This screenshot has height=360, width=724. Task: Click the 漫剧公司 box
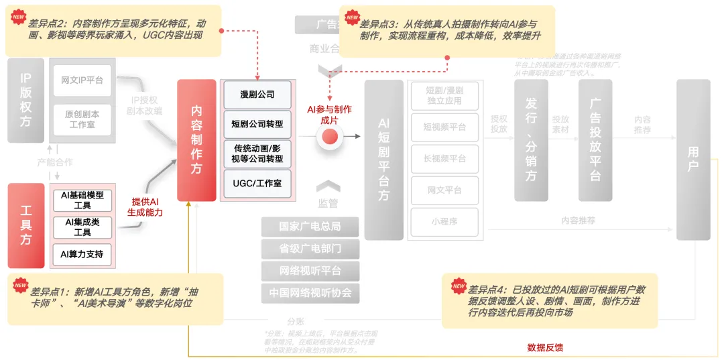pyautogui.click(x=257, y=95)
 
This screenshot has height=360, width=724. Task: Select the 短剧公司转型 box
pyautogui.click(x=257, y=124)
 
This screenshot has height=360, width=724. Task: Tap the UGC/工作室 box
pyautogui.click(x=257, y=183)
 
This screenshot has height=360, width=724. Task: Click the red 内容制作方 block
pyautogui.click(x=196, y=140)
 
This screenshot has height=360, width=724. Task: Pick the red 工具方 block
pyautogui.click(x=25, y=225)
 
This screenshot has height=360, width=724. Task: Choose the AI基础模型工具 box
pyautogui.click(x=82, y=200)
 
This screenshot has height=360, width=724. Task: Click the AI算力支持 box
pyautogui.click(x=82, y=254)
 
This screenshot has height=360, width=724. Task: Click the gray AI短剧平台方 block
pyautogui.click(x=383, y=160)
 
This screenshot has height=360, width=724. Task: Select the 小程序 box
pyautogui.click(x=444, y=221)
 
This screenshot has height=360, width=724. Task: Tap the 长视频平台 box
pyautogui.click(x=444, y=159)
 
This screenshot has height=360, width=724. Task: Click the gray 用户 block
pyautogui.click(x=692, y=160)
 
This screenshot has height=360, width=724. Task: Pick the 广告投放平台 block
pyautogui.click(x=595, y=140)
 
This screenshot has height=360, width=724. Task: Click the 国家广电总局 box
pyautogui.click(x=310, y=226)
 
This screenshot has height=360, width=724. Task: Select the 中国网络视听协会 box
pyautogui.click(x=310, y=293)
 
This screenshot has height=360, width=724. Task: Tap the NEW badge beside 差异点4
pyautogui.click(x=459, y=286)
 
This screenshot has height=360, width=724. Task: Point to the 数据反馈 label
pyautogui.click(x=545, y=347)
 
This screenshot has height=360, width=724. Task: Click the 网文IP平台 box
pyautogui.click(x=82, y=80)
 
